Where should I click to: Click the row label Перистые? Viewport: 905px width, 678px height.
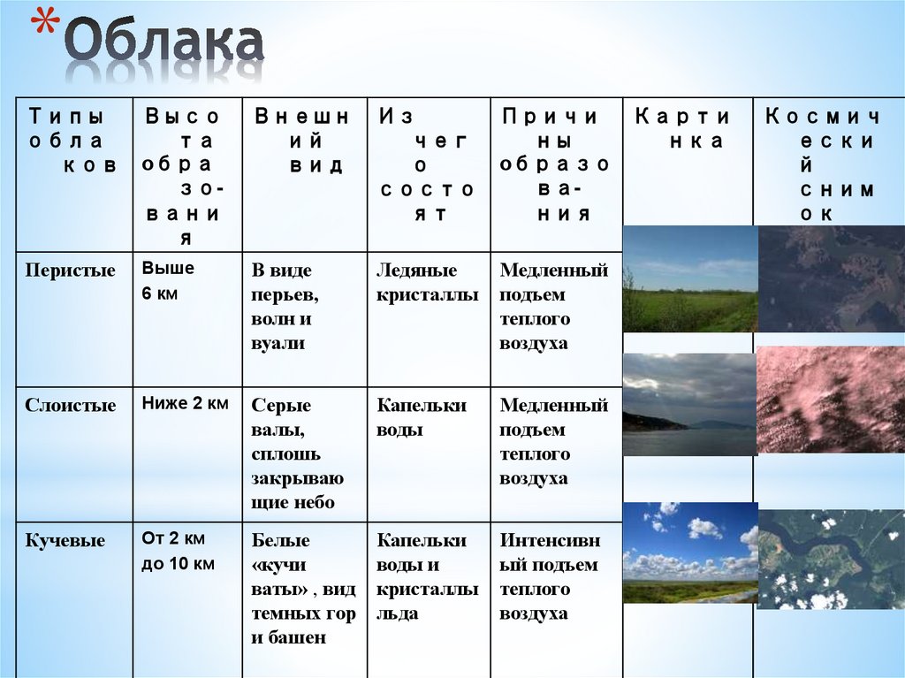71,271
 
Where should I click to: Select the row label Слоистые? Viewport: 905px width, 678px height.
71,407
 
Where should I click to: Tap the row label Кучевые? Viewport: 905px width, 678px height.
65,541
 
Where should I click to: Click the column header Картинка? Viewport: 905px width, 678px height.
688,129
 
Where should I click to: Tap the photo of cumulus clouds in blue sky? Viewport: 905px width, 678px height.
690,552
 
